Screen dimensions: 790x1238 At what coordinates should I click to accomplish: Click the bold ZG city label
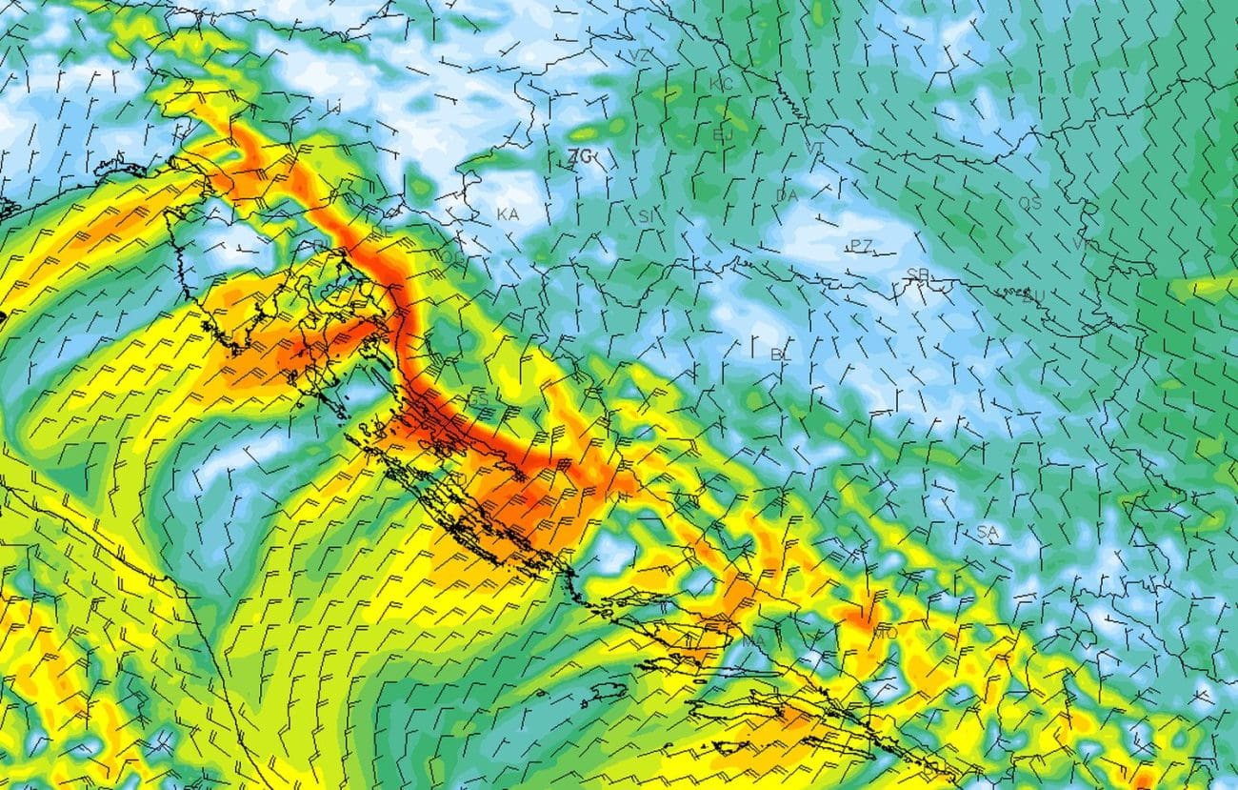579,155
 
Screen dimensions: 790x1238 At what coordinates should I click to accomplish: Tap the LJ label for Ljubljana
332,106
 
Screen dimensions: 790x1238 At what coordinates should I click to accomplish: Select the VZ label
640,56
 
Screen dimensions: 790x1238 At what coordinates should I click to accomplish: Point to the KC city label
722,84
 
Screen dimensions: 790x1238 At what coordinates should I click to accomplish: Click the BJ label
724,134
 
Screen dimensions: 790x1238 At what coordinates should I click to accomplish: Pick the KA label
508,214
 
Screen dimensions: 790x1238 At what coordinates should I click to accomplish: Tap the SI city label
648,216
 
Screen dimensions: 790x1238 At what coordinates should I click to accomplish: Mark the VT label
815,148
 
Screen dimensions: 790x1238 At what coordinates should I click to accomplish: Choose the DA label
786,195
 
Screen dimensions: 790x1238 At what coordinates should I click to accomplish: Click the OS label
1029,203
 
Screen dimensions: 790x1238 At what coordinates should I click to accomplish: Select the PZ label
861,246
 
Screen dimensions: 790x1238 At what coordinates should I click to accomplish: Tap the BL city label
781,354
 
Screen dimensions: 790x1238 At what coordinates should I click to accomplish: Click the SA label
987,531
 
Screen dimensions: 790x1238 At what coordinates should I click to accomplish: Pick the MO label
885,633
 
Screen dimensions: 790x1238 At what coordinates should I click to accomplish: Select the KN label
616,496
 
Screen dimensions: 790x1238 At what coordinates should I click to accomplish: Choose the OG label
451,257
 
